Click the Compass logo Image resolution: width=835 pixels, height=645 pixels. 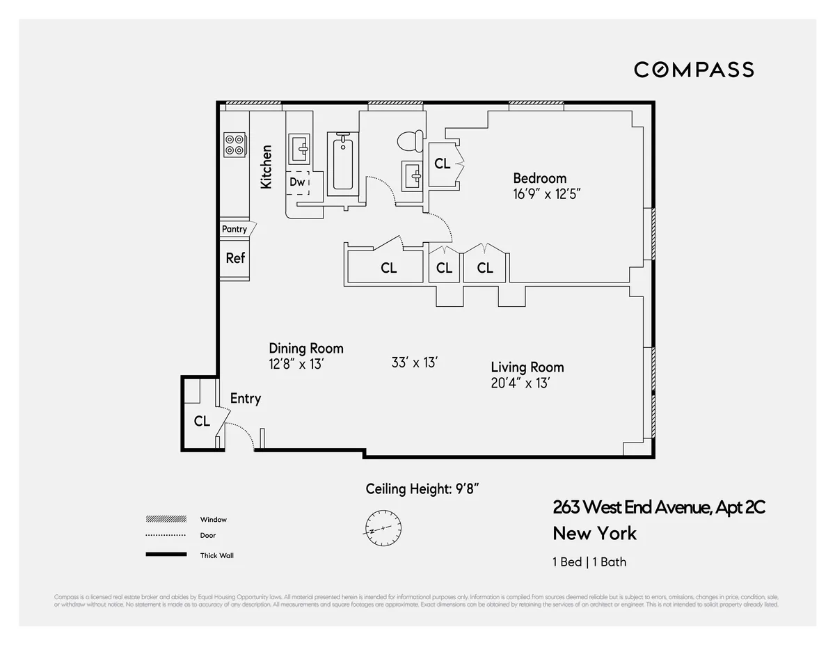[x=694, y=70]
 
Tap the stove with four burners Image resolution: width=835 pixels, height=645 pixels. [x=234, y=144]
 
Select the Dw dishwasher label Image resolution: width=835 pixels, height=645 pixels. [x=298, y=182]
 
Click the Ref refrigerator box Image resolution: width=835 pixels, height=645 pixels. [x=235, y=258]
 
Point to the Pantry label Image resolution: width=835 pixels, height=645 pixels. [x=234, y=229]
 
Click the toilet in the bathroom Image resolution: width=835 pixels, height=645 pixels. [x=409, y=141]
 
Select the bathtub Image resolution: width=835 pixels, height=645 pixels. [x=342, y=164]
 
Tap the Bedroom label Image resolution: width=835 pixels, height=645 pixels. [x=539, y=178]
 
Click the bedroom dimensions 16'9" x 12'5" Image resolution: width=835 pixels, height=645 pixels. [x=546, y=193]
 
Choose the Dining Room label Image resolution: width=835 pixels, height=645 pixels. [x=306, y=349]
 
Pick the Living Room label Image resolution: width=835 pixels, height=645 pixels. [x=527, y=367]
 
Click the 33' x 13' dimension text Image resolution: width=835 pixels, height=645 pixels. [x=415, y=363]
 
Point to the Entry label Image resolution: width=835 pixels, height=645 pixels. [x=245, y=399]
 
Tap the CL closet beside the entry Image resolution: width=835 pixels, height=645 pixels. [x=202, y=421]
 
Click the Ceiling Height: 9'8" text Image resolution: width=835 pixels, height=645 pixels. [x=422, y=489]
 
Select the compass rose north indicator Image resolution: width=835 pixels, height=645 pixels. [x=381, y=525]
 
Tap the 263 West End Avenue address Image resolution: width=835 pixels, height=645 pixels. [x=658, y=508]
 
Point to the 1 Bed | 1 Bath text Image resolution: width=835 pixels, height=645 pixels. [x=589, y=562]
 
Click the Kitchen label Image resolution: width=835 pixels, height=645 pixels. [x=266, y=167]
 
